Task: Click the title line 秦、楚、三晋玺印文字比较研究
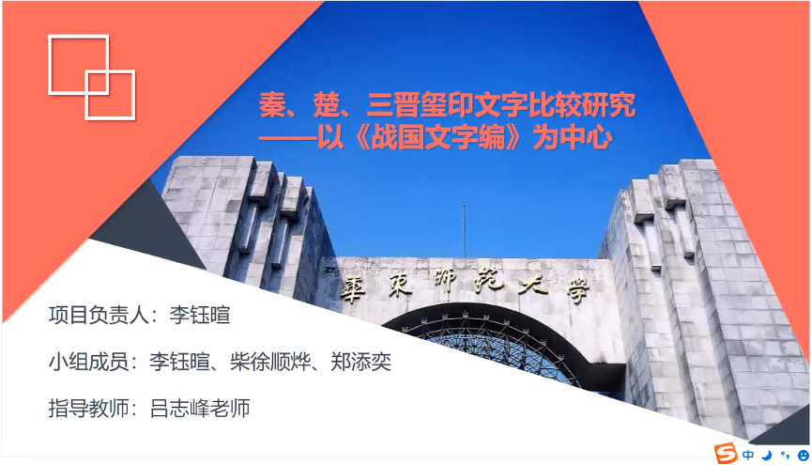pos(448,104)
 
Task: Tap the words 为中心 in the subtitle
pos(574,138)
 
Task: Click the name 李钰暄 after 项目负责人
pos(200,315)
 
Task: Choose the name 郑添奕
pos(361,362)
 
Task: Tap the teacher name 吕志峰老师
pos(200,408)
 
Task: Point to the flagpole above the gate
pos(465,231)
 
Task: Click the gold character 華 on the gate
pos(353,287)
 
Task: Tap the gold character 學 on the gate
pos(576,291)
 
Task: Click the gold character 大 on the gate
pos(533,285)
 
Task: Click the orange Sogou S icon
pos(727,453)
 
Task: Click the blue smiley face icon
pos(803,456)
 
